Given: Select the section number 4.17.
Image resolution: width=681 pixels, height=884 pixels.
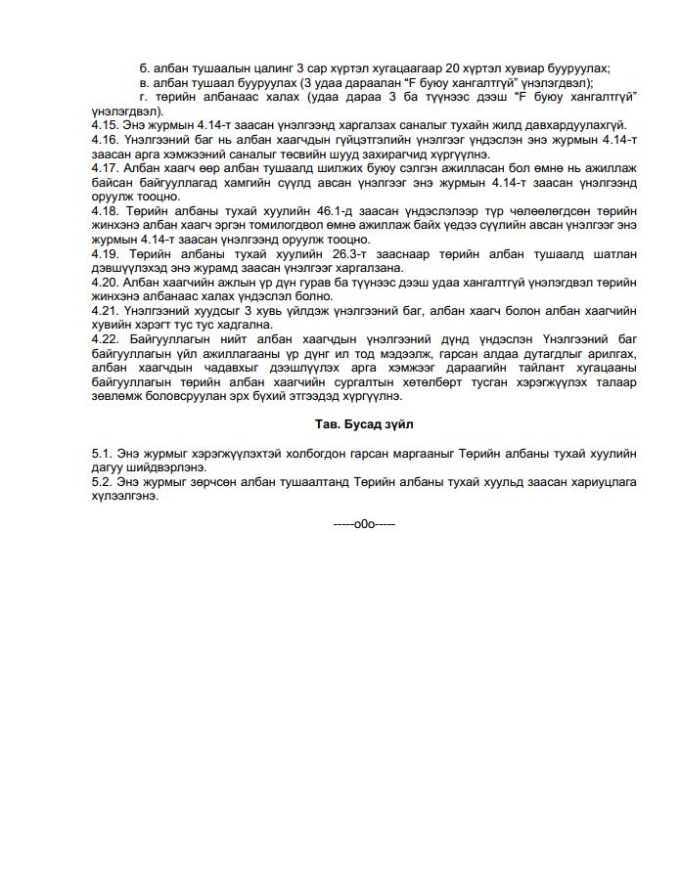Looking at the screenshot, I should (x=103, y=167).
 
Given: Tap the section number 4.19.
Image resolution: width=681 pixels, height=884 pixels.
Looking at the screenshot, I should (x=103, y=253).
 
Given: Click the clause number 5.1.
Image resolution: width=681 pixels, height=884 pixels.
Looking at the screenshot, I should (x=100, y=455).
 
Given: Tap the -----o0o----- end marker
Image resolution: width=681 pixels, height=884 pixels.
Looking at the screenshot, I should (x=364, y=524).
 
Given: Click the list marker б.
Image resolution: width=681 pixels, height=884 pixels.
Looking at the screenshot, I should (x=144, y=67).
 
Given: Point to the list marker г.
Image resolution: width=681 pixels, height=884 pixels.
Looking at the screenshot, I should (x=143, y=96).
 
